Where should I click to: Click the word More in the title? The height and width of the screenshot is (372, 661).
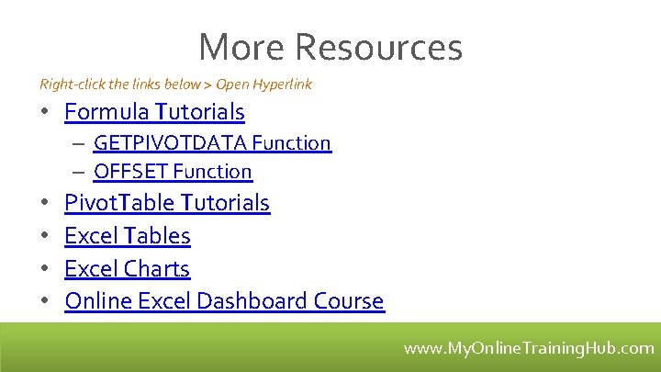click(x=241, y=47)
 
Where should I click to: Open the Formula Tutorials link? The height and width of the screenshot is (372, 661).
click(x=154, y=112)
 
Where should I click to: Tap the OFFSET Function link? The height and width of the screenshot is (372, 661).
click(x=173, y=172)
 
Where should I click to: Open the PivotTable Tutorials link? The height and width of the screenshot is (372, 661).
click(x=167, y=203)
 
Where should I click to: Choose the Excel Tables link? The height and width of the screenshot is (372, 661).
click(x=128, y=236)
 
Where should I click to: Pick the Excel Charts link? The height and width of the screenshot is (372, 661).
click(x=128, y=269)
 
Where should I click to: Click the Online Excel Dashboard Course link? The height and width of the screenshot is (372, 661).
click(x=224, y=301)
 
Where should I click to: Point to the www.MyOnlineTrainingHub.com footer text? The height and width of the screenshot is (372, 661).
click(x=529, y=349)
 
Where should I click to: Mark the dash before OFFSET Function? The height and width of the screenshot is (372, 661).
click(x=81, y=172)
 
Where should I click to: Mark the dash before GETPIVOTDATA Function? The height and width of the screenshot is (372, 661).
click(x=81, y=143)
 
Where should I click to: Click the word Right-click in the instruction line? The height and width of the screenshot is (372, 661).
click(x=73, y=85)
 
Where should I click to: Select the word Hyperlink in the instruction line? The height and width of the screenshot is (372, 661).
click(x=282, y=85)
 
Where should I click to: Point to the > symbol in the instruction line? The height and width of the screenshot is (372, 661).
click(x=208, y=85)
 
